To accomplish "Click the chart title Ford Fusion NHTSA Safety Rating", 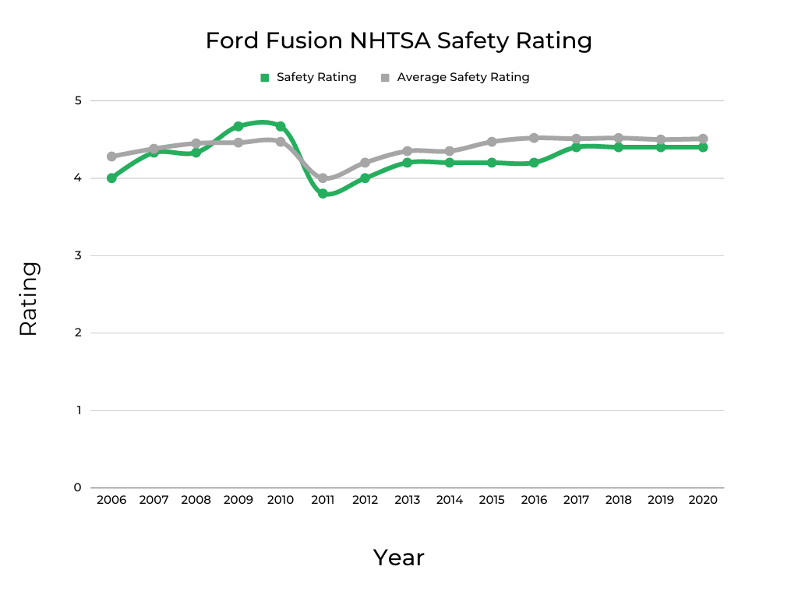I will pyautogui.click(x=398, y=40).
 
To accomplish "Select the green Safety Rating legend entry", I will pyautogui.click(x=309, y=77).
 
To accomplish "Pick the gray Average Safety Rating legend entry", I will pyautogui.click(x=455, y=77).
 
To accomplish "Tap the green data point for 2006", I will pyautogui.click(x=111, y=178).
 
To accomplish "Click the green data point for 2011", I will pyautogui.click(x=323, y=194).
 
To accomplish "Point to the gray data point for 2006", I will pyautogui.click(x=111, y=157).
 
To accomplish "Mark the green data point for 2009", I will pyautogui.click(x=238, y=126).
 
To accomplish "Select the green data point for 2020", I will pyautogui.click(x=703, y=147).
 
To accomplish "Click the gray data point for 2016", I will pyautogui.click(x=534, y=138).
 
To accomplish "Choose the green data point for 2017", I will pyautogui.click(x=576, y=147).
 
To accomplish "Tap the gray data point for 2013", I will pyautogui.click(x=408, y=151).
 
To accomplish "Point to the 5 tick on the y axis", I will pyautogui.click(x=78, y=100).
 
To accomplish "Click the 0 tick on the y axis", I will pyautogui.click(x=78, y=488).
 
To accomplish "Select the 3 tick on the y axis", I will pyautogui.click(x=78, y=255).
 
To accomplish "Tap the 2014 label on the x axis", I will pyautogui.click(x=450, y=501).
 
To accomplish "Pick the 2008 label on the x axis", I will pyautogui.click(x=196, y=501).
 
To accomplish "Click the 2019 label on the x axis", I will pyautogui.click(x=661, y=501).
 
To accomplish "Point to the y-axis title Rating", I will pyautogui.click(x=28, y=299).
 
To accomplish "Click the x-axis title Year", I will pyautogui.click(x=398, y=558).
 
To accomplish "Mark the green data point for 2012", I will pyautogui.click(x=365, y=178).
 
